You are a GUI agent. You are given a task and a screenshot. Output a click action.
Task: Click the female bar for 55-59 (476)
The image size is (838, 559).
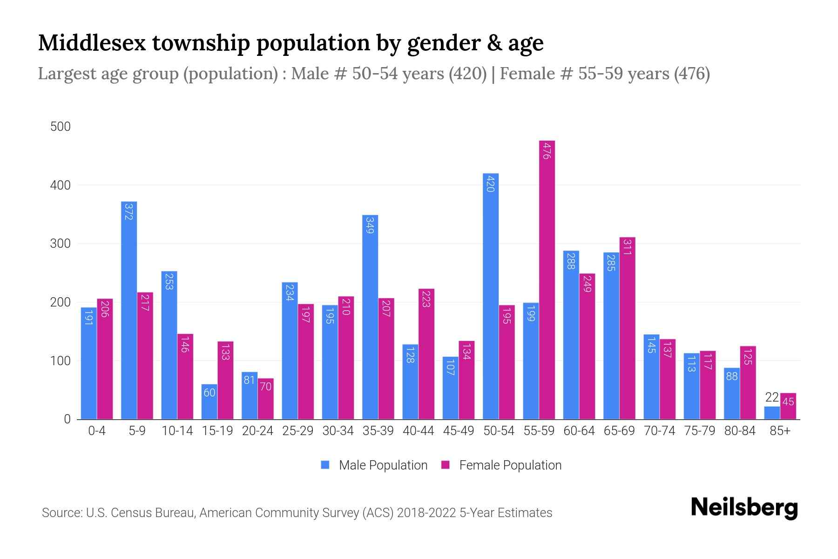547,279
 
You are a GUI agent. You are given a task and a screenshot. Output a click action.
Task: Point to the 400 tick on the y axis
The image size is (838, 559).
61,185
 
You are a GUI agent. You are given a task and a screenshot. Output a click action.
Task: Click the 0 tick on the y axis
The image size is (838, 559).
67,419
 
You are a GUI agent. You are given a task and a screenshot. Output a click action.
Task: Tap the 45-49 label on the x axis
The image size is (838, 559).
459,431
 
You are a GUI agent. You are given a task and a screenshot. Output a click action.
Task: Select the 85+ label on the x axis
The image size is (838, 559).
780,431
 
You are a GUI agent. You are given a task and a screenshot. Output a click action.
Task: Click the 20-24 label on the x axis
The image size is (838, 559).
257,431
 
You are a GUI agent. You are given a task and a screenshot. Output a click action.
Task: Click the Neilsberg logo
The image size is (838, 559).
744,508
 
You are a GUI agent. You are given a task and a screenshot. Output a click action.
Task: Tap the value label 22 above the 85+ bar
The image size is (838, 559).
772,397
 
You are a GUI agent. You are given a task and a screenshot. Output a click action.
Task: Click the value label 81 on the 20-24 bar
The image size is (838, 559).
249,380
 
